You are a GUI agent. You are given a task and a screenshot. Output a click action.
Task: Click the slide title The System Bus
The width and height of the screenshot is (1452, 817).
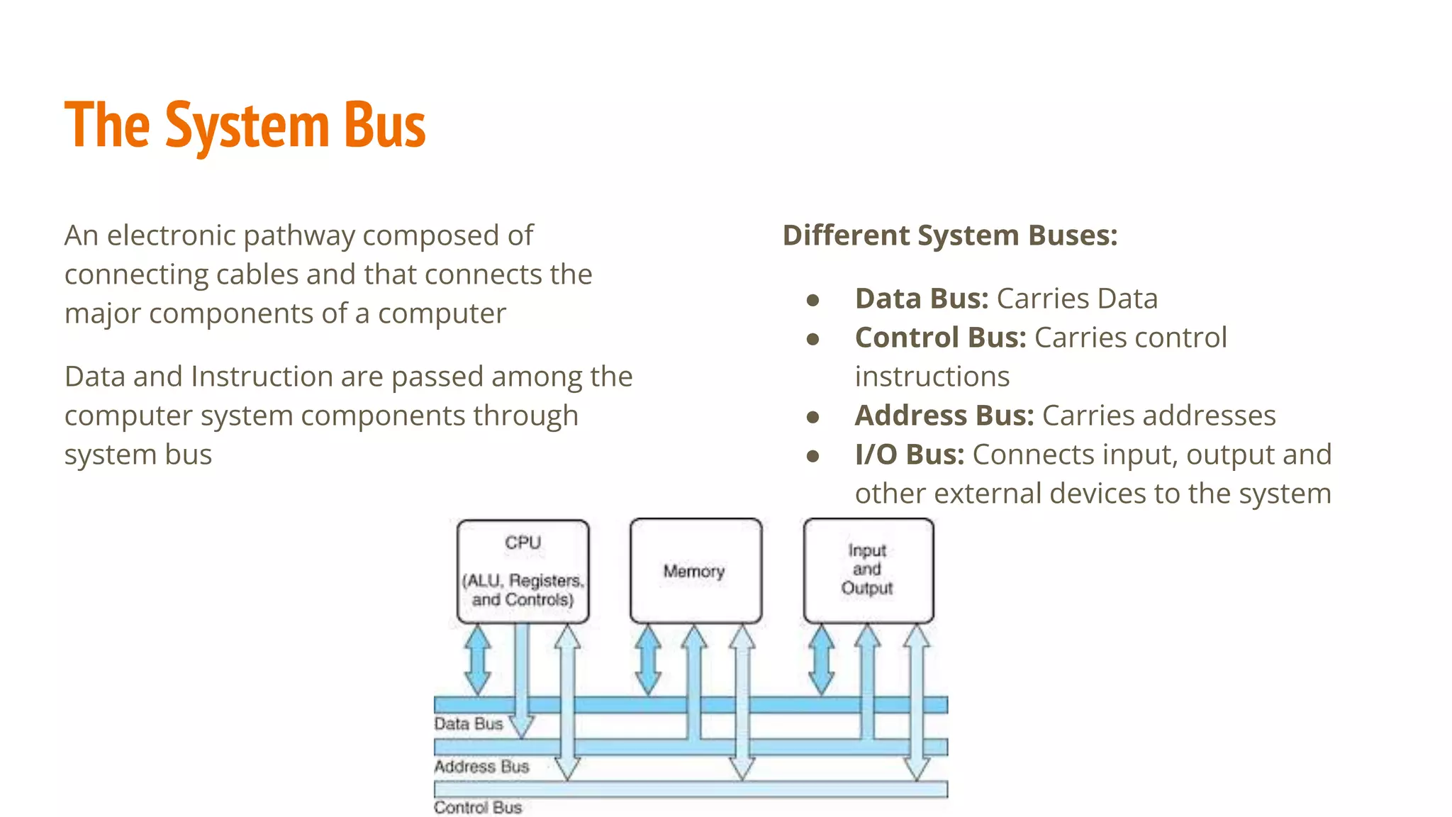click(245, 126)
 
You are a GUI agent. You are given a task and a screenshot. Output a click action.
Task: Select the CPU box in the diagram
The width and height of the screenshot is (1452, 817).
click(523, 571)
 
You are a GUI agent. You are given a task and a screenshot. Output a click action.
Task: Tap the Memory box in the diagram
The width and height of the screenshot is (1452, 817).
click(695, 571)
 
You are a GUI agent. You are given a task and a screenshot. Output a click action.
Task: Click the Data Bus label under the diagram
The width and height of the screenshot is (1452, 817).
click(469, 724)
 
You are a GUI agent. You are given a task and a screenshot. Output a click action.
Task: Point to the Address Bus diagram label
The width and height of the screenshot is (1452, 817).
click(481, 767)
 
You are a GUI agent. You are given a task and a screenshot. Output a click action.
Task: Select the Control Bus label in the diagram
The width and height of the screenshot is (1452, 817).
click(478, 808)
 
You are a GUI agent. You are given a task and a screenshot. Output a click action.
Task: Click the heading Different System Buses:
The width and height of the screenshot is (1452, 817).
click(950, 235)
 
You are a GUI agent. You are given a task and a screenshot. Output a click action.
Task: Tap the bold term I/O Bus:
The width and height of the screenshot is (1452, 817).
click(910, 455)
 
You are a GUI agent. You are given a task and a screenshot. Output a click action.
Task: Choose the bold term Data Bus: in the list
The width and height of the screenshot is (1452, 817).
click(922, 299)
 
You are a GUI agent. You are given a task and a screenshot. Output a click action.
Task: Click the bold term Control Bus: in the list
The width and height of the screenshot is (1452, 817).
click(940, 338)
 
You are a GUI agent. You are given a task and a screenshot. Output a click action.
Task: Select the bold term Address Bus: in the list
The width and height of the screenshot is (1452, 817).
click(944, 416)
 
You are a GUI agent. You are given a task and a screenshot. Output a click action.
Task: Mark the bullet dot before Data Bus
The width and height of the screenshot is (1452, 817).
click(813, 301)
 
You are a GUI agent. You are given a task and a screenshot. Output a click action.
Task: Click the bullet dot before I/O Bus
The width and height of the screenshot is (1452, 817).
click(813, 457)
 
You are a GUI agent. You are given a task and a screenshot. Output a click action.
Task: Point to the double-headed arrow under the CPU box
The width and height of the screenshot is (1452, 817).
click(478, 660)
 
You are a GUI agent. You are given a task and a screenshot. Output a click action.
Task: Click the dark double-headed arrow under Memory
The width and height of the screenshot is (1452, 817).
click(648, 660)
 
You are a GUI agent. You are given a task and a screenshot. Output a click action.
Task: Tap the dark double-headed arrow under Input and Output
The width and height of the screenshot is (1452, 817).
click(822, 660)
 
